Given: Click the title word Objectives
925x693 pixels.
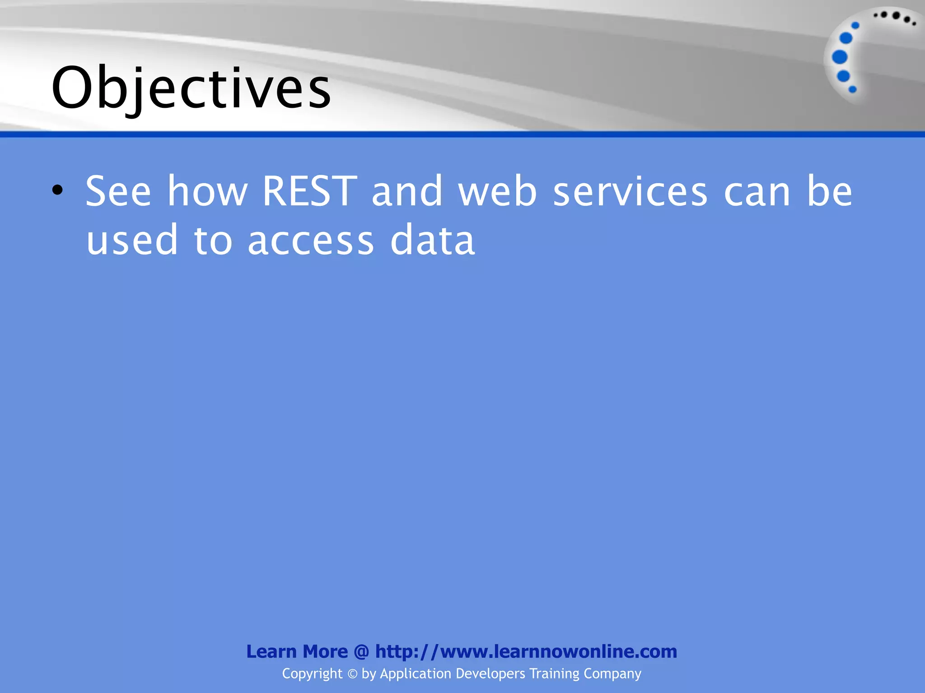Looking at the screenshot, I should pyautogui.click(x=192, y=88).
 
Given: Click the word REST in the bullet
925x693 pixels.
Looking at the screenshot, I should pyautogui.click(x=309, y=191).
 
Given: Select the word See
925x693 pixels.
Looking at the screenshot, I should pyautogui.click(x=118, y=191).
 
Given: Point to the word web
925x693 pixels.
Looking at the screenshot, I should pyautogui.click(x=497, y=191).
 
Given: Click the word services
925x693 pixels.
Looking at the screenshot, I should pyautogui.click(x=630, y=191).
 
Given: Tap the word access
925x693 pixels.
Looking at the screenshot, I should pyautogui.click(x=311, y=240).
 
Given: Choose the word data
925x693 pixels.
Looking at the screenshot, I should pyautogui.click(x=432, y=240).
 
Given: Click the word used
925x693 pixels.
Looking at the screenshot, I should pyautogui.click(x=132, y=240).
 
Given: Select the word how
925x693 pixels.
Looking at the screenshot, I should pyautogui.click(x=207, y=191).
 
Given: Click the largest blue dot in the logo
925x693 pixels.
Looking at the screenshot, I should pyautogui.click(x=840, y=57).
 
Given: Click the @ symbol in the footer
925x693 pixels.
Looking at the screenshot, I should pyautogui.click(x=361, y=651).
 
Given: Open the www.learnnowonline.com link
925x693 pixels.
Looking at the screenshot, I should pyautogui.click(x=526, y=651).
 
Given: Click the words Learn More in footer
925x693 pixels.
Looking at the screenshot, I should pyautogui.click(x=297, y=651).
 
